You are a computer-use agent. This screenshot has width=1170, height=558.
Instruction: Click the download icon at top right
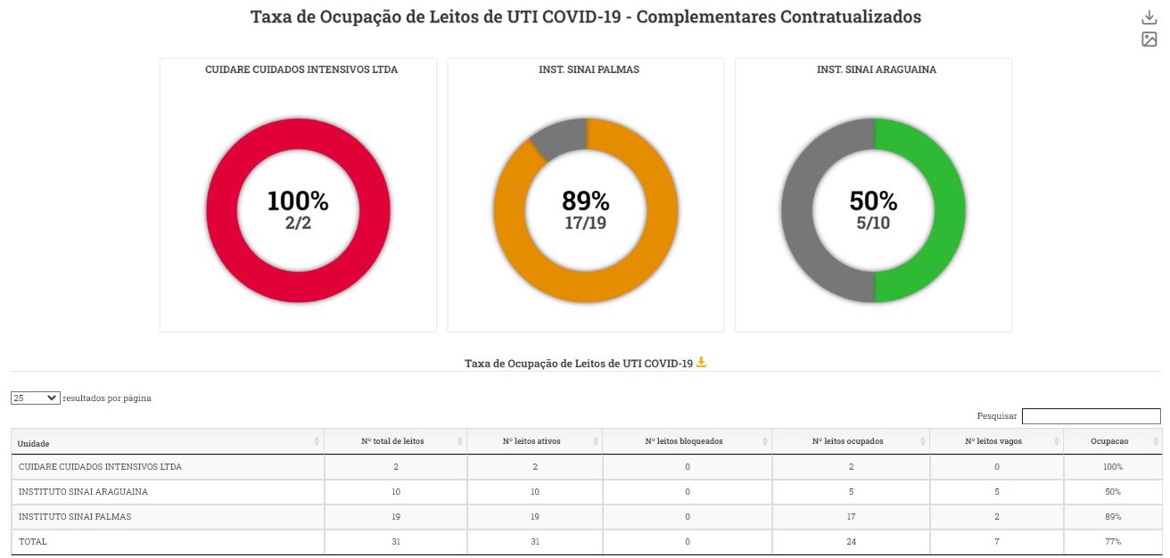(1149, 18)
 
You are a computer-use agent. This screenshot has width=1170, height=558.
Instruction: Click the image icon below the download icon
(1149, 39)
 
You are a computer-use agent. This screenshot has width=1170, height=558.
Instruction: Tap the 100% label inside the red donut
(298, 201)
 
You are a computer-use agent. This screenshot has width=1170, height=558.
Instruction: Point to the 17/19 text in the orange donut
(585, 223)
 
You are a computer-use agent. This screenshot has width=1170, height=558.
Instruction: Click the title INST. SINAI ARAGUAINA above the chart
(876, 70)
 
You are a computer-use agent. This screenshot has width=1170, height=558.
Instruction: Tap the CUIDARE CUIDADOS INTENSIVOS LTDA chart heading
(301, 70)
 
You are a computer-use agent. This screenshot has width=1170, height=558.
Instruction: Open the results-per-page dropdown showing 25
(36, 398)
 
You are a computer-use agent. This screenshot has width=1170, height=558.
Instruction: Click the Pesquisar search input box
(1091, 416)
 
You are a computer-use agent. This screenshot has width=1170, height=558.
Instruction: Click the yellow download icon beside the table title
(701, 362)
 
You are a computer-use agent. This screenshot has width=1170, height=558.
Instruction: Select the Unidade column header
(34, 442)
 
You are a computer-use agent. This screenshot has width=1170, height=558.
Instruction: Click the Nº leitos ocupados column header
(847, 441)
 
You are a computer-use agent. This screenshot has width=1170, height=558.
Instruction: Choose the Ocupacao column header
(1109, 441)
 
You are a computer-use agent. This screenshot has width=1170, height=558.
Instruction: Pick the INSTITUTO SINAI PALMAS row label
(75, 516)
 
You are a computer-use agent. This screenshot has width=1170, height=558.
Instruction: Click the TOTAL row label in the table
(33, 541)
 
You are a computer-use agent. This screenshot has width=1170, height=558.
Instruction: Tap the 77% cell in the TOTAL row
(1111, 541)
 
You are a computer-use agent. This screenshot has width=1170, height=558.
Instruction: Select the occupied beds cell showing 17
(851, 516)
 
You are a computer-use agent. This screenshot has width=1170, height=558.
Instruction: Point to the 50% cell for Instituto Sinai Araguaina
(1111, 491)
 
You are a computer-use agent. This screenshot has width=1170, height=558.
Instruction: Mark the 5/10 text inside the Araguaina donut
(873, 223)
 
